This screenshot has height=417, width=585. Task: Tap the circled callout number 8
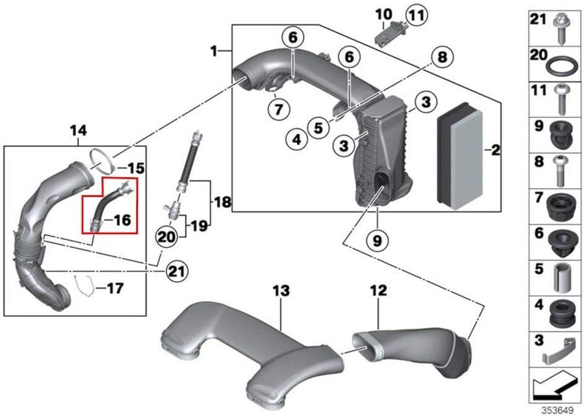(x=442, y=57)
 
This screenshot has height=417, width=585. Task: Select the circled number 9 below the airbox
(x=377, y=241)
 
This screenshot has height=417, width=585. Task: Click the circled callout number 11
(x=417, y=16)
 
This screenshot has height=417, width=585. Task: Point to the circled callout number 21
(x=177, y=271)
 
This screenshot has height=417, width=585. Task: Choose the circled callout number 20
(x=167, y=237)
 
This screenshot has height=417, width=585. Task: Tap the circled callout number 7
(x=279, y=110)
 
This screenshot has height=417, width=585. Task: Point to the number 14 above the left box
(x=78, y=131)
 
